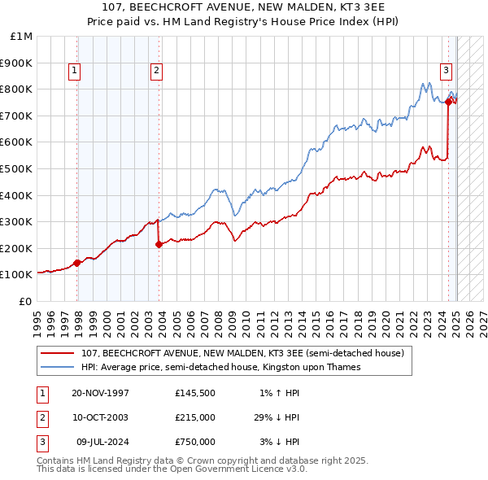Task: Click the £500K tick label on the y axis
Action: [x=17, y=168]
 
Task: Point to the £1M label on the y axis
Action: [x=22, y=37]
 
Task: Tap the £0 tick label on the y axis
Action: [x=25, y=301]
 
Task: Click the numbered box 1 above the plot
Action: [x=74, y=71]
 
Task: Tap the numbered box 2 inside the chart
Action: [x=155, y=71]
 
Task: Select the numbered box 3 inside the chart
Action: [x=447, y=71]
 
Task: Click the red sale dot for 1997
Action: [x=77, y=263]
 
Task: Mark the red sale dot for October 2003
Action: [x=159, y=244]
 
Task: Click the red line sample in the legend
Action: [x=58, y=353]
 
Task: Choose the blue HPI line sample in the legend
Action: [x=58, y=367]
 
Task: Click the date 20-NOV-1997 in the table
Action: [x=100, y=393]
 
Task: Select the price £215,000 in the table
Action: [x=195, y=417]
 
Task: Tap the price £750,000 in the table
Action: [x=195, y=442]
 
